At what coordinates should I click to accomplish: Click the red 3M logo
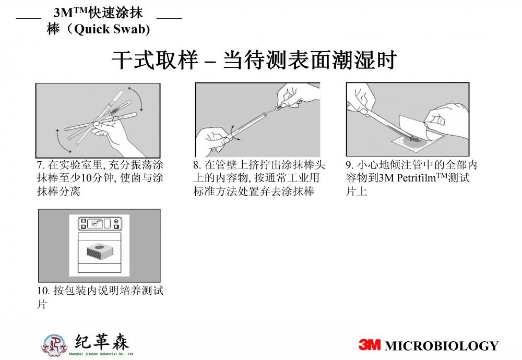[x=369, y=345]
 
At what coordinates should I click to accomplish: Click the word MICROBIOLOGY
[x=442, y=346]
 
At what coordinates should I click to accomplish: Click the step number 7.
[x=40, y=165]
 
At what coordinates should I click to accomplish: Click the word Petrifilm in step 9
[x=417, y=178]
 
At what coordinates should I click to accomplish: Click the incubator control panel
[x=100, y=224]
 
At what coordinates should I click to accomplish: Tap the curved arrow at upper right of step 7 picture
[x=136, y=98]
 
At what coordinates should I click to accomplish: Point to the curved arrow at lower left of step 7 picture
[x=61, y=141]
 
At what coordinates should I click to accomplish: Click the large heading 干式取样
[x=155, y=60]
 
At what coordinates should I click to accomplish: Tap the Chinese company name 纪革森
[x=102, y=342]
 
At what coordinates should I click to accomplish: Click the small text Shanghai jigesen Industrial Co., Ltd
[x=101, y=354]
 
